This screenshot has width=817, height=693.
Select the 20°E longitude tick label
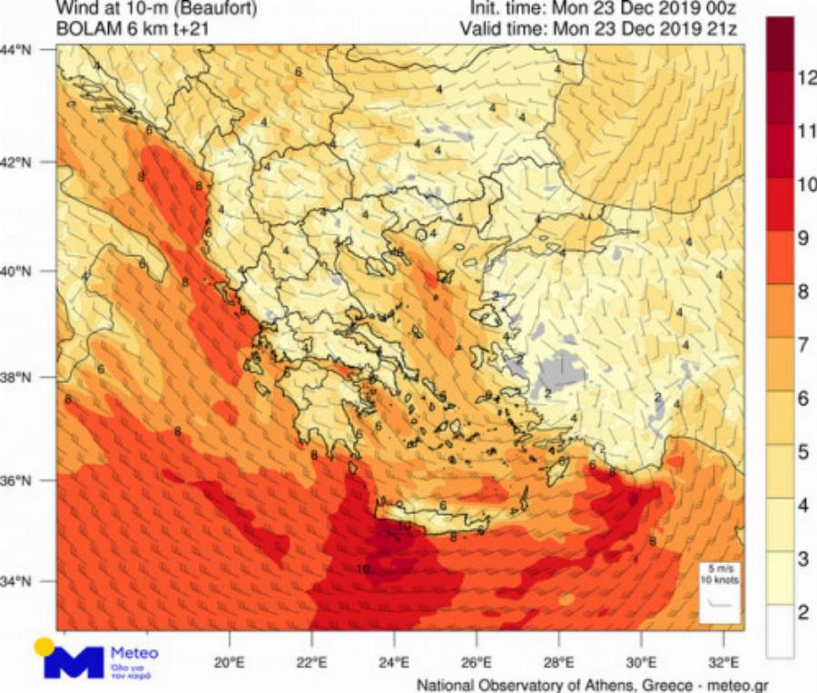[x=229, y=661]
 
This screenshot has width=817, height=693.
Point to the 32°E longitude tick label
[x=723, y=661]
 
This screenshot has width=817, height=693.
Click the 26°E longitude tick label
[x=477, y=661]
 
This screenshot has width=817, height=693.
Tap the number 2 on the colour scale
[x=802, y=612]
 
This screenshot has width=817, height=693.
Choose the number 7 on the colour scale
[x=802, y=344]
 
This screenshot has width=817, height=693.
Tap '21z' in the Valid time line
[x=721, y=29]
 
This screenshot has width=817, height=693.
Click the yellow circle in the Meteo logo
[x=44, y=647]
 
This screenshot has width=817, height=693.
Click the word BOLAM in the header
[x=84, y=29]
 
